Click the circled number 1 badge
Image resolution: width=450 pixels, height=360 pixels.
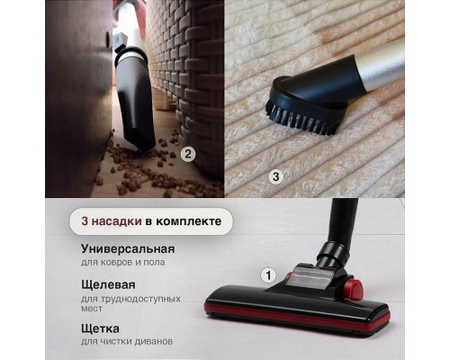point(267,274)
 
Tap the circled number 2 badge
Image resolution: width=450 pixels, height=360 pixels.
point(188,153)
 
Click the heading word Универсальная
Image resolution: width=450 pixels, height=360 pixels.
point(127,248)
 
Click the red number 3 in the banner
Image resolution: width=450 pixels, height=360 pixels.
point(85,220)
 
